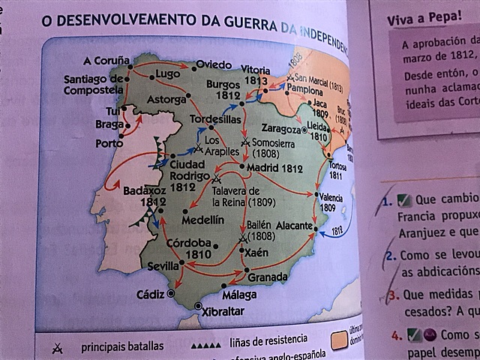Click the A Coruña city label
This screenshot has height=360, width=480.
(x=106, y=60)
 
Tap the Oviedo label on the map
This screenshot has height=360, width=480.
(x=213, y=65)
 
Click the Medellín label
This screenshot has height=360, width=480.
(x=202, y=219)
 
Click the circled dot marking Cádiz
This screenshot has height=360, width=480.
(x=171, y=294)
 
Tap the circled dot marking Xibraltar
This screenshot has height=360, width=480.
(x=198, y=306)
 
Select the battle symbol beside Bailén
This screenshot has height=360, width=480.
(x=242, y=239)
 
